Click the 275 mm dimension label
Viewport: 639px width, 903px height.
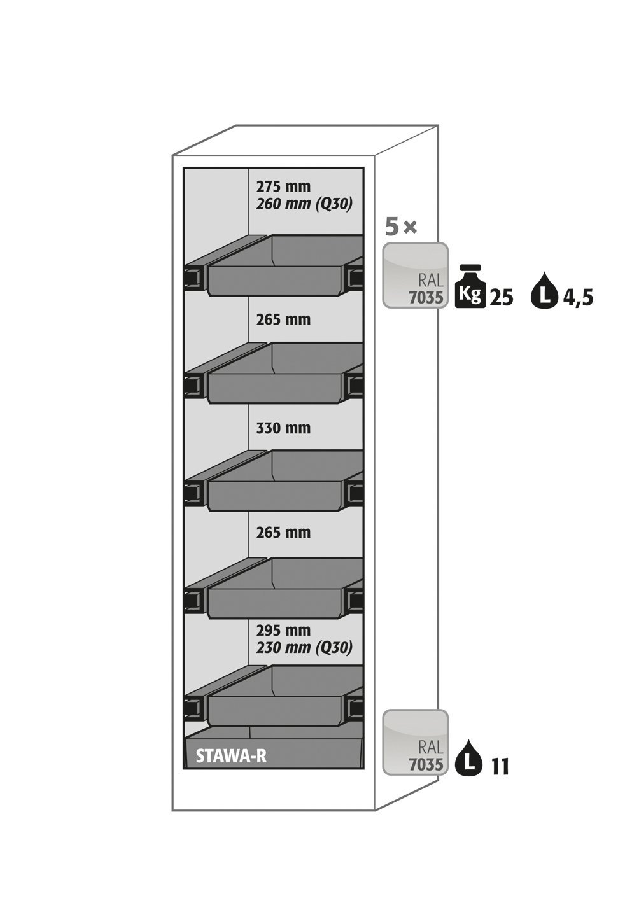[283, 186]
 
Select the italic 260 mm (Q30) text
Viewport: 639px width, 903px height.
[304, 204]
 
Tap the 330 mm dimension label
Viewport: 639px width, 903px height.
[283, 428]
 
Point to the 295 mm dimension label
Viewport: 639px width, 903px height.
[283, 629]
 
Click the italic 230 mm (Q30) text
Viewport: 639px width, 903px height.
[304, 647]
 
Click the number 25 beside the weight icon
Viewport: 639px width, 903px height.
[502, 298]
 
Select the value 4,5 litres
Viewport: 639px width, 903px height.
[576, 298]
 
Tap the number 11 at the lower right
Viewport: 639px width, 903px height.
[500, 766]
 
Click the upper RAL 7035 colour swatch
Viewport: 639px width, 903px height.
[415, 276]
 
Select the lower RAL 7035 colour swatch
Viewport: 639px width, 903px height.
[415, 742]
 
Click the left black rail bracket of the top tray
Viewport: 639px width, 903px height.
[193, 277]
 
